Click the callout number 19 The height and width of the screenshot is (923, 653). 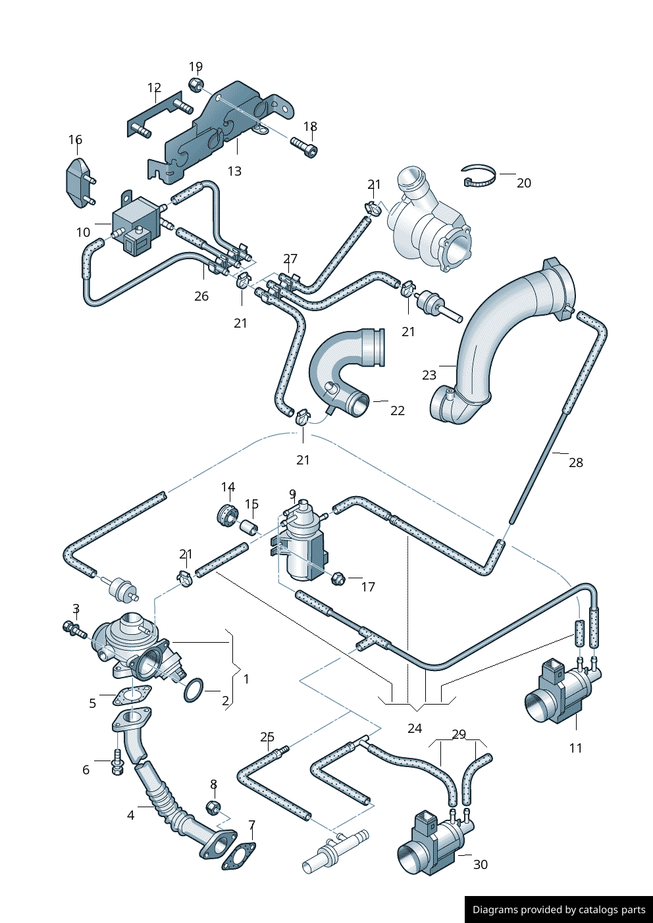click(x=196, y=66)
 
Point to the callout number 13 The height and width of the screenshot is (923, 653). click(x=234, y=171)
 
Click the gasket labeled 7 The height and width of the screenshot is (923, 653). click(x=238, y=855)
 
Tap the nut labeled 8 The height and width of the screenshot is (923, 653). click(x=213, y=807)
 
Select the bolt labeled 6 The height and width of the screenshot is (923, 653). click(x=117, y=764)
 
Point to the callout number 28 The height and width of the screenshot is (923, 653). click(x=576, y=462)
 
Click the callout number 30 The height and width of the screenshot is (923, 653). click(x=481, y=864)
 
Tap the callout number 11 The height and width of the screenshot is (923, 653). click(x=576, y=748)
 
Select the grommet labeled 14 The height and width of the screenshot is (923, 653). click(x=226, y=514)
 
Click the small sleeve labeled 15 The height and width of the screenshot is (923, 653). click(x=248, y=528)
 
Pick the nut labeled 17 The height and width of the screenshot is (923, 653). click(x=336, y=579)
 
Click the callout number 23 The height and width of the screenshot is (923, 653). click(x=429, y=375)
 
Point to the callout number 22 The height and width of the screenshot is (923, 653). click(x=398, y=411)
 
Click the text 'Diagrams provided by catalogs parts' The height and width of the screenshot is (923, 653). click(x=559, y=910)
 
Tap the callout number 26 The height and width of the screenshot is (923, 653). click(x=201, y=296)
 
